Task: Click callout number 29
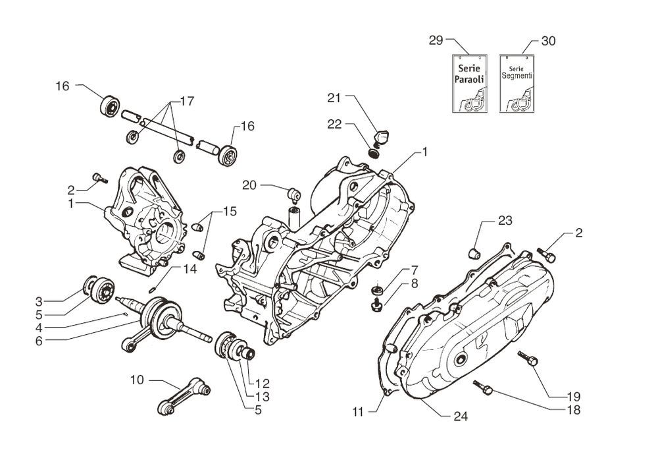click(x=436, y=40)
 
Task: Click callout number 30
click(x=547, y=41)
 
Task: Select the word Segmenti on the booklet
click(x=517, y=76)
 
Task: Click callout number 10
click(x=138, y=380)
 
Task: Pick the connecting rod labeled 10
click(x=183, y=396)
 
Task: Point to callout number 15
click(x=228, y=212)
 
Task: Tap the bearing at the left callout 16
click(x=109, y=105)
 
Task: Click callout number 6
click(x=39, y=341)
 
